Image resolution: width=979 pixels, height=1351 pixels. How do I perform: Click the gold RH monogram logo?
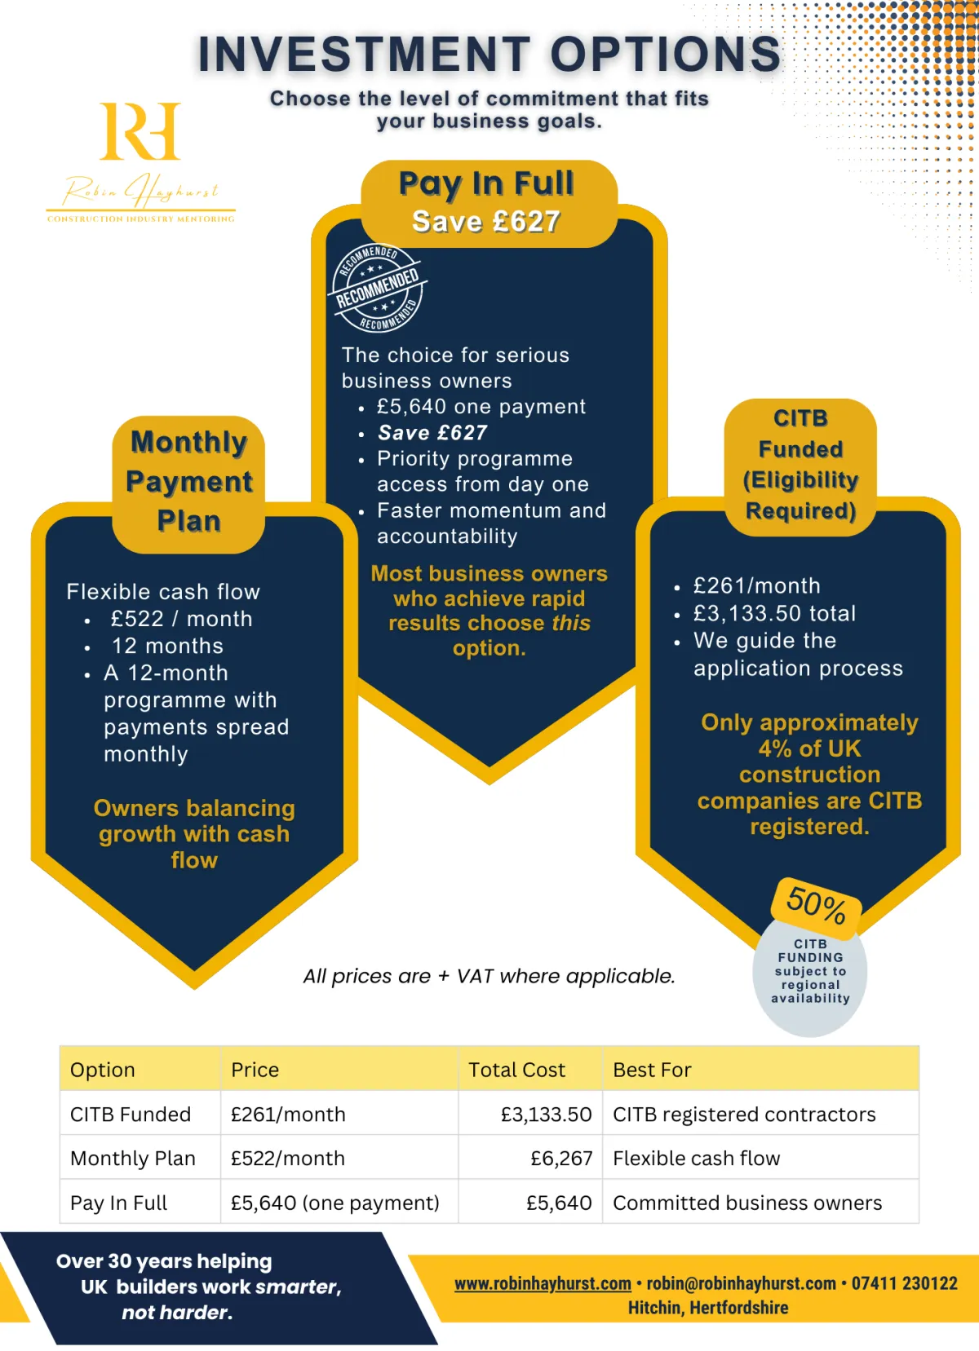tap(140, 131)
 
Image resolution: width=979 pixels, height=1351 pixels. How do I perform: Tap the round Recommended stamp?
tap(377, 288)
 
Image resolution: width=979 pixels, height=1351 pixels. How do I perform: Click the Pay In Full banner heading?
tap(488, 202)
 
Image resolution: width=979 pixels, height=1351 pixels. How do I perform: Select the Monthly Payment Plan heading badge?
tap(188, 482)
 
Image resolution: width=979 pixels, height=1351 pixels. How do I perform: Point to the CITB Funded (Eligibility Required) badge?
tap(800, 465)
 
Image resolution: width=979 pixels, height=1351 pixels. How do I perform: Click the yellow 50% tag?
tap(816, 905)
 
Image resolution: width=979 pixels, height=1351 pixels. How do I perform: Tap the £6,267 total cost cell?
tap(561, 1158)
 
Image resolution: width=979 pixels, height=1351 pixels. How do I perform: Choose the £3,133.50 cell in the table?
tap(546, 1114)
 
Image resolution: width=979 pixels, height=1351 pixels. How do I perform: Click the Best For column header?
tap(652, 1070)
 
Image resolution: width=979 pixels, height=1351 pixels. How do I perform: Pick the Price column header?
tap(255, 1070)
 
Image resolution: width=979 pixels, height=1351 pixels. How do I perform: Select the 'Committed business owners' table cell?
tap(746, 1203)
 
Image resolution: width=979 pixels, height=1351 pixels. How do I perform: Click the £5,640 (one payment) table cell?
tap(334, 1203)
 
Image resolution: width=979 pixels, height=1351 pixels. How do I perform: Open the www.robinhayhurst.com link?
tap(543, 1283)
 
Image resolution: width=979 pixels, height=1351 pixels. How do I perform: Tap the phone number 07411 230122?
tap(904, 1283)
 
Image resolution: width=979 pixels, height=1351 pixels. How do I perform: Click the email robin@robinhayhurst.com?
tap(741, 1283)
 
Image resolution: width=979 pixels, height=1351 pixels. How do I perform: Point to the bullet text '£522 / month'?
tap(181, 619)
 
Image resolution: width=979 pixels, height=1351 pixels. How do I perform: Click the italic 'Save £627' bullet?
tap(432, 432)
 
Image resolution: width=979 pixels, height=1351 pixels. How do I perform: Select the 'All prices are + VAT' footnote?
tap(489, 976)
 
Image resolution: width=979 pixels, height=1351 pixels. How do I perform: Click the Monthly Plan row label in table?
tap(133, 1158)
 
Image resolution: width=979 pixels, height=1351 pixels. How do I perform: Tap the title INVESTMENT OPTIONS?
tap(489, 54)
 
